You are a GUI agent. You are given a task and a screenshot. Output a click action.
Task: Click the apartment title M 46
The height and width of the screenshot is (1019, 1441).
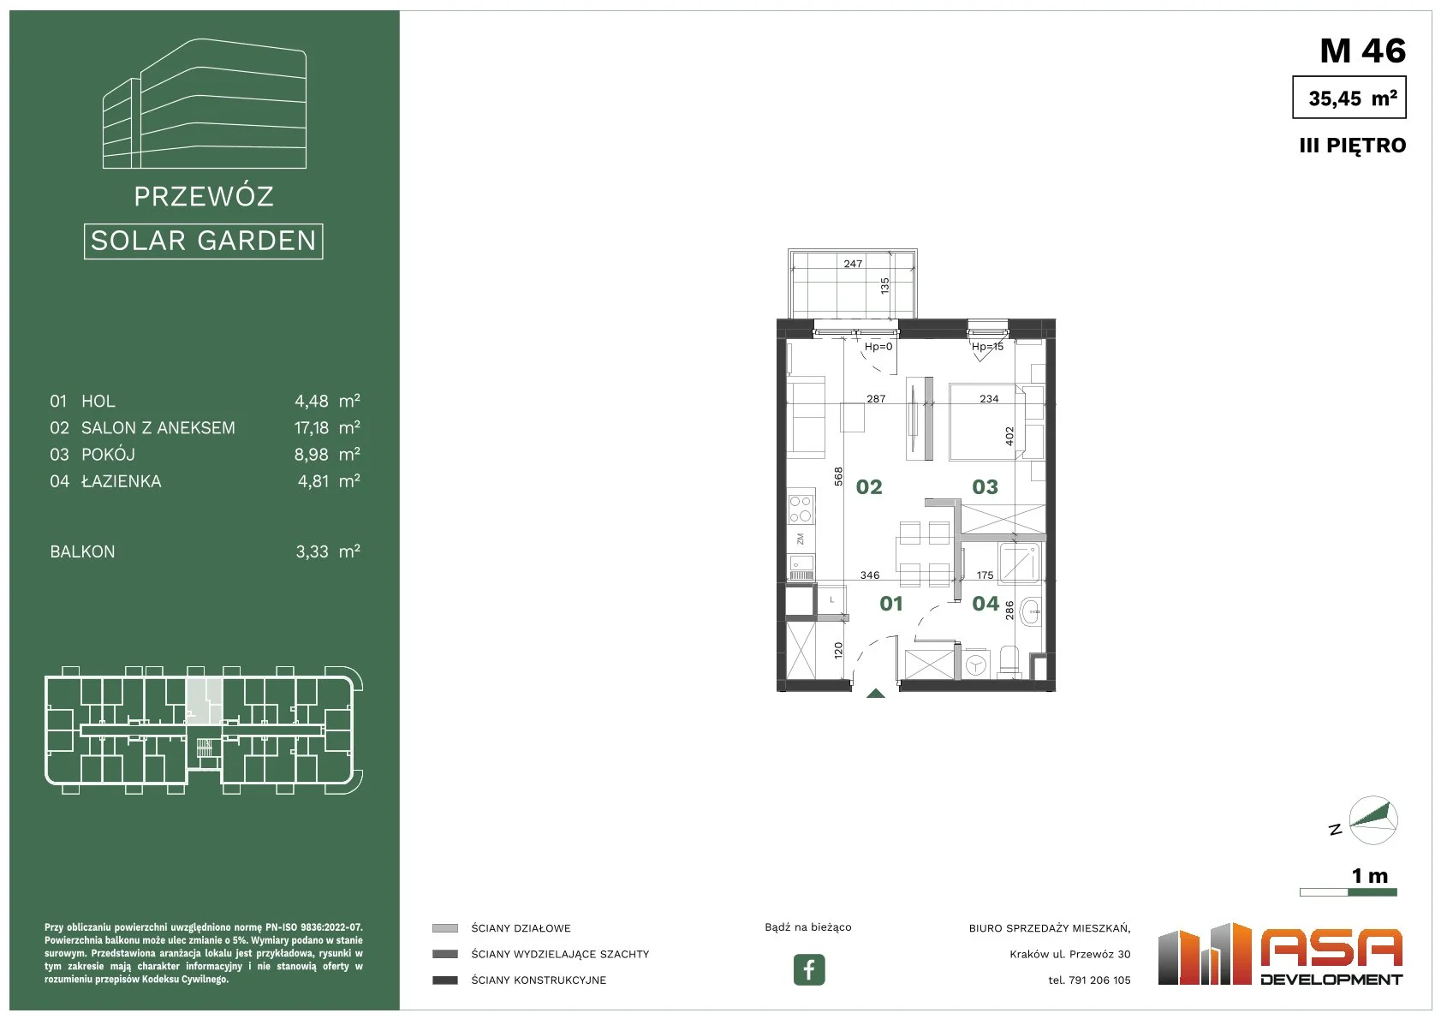click(x=1362, y=51)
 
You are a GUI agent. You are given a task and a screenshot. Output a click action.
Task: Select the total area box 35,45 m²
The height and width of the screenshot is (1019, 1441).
click(x=1349, y=97)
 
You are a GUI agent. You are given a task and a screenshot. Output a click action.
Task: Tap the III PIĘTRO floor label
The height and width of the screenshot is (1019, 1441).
click(x=1352, y=146)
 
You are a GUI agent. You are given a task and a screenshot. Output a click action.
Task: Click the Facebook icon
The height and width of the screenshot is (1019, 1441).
click(x=808, y=969)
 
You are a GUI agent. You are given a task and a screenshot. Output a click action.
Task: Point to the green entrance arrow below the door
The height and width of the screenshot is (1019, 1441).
click(x=876, y=694)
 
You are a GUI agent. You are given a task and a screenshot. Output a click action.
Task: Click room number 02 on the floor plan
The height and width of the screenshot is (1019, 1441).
click(x=868, y=487)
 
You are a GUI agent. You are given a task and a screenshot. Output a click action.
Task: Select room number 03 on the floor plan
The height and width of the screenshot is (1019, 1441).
click(x=985, y=487)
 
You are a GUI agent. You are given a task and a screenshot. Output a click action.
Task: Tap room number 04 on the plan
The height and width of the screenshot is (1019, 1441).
click(x=985, y=604)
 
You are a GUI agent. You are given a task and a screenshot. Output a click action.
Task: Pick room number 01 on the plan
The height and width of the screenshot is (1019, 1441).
click(x=891, y=604)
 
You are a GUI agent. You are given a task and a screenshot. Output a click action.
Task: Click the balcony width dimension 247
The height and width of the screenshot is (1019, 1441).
click(x=853, y=264)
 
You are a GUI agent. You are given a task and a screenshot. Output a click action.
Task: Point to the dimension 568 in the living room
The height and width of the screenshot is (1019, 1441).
click(x=838, y=476)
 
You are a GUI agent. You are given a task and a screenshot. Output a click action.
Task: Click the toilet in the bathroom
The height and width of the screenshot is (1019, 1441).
click(x=1009, y=662)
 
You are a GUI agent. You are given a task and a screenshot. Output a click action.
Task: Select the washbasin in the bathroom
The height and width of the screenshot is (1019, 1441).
click(x=1031, y=611)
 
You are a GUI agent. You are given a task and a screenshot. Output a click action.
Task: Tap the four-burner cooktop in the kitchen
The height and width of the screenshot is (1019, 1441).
click(x=801, y=509)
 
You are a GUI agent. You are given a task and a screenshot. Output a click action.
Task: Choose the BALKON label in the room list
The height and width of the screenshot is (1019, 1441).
click(x=82, y=552)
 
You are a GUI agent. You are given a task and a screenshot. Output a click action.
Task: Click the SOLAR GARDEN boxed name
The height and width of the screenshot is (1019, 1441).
click(x=203, y=241)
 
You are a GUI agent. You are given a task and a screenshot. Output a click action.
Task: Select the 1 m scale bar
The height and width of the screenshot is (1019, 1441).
click(x=1348, y=892)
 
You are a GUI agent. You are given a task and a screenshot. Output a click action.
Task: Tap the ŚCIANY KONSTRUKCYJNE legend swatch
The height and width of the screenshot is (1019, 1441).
click(x=444, y=980)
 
